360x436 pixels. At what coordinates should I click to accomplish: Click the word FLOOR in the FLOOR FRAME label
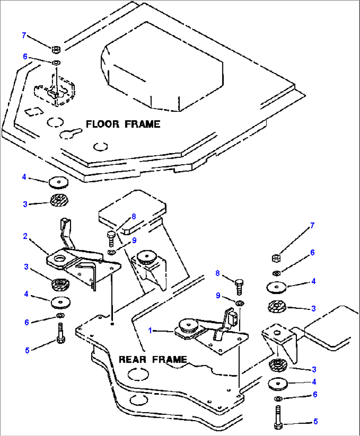tap(102, 124)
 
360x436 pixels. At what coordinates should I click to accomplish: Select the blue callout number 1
tap(150, 330)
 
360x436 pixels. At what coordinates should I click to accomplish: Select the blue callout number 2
tap(25, 236)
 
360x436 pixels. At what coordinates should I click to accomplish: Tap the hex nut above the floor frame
tap(56, 50)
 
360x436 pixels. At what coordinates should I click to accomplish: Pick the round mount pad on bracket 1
tap(188, 325)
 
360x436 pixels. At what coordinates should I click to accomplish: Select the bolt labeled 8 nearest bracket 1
tap(239, 286)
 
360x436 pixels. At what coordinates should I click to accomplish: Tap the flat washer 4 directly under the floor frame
tap(58, 182)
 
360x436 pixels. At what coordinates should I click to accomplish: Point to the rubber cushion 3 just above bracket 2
tap(59, 200)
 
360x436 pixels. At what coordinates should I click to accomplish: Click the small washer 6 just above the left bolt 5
tap(60, 316)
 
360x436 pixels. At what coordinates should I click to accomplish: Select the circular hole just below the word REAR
tap(138, 375)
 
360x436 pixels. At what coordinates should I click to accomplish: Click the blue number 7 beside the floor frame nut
tap(24, 35)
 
